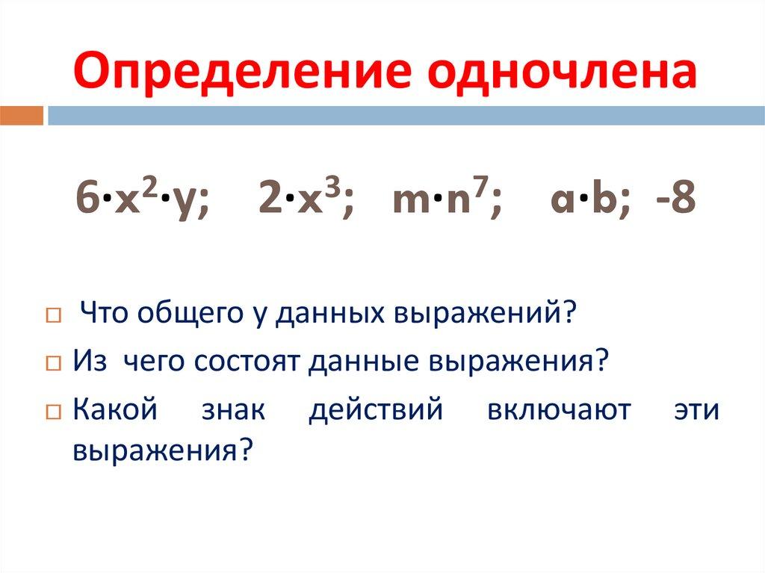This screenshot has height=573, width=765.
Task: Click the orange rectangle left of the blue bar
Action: click(22, 116)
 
